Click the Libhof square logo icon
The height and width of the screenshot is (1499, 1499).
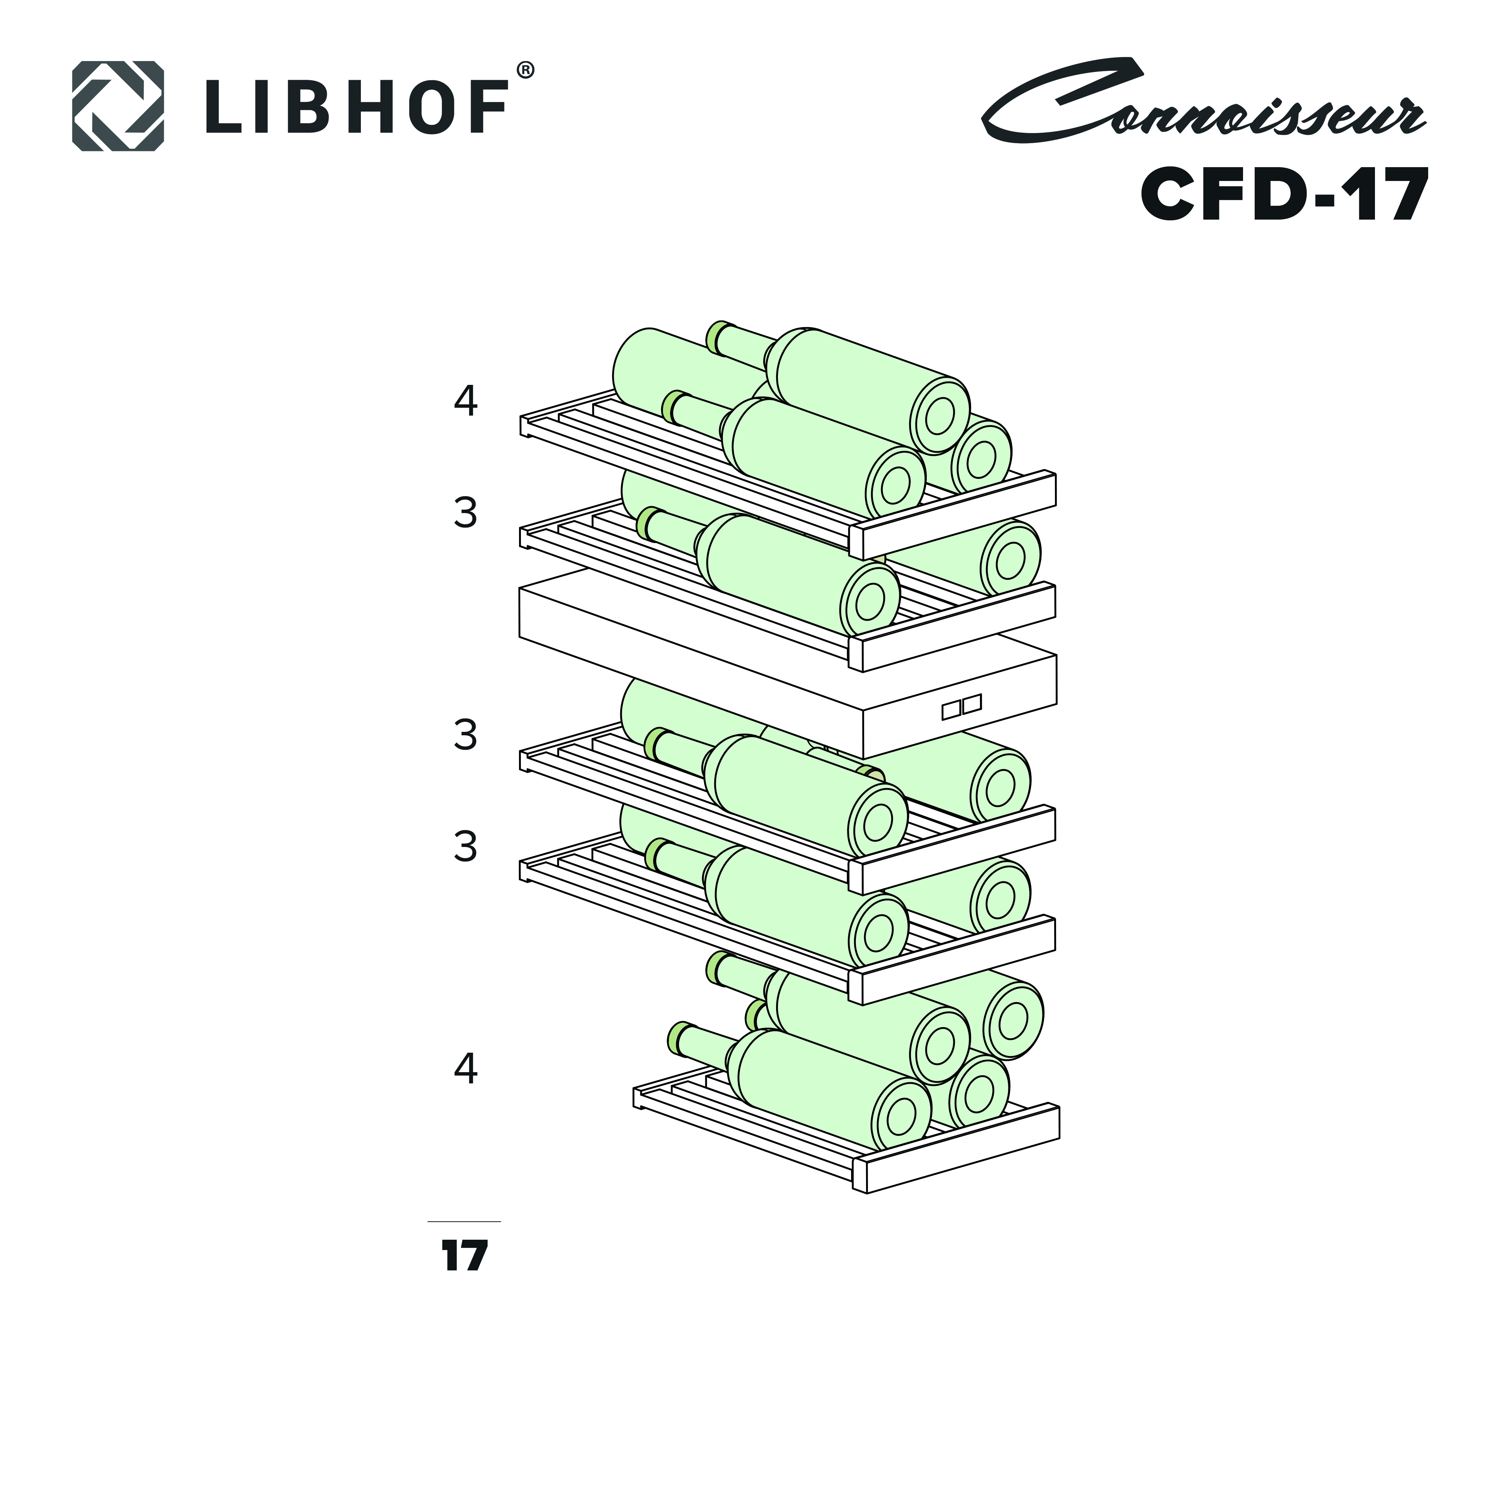(x=118, y=106)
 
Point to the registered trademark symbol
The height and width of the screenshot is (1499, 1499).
(x=525, y=70)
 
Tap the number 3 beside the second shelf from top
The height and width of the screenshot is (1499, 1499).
(x=465, y=513)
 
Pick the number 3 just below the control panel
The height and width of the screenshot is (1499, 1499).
(x=465, y=735)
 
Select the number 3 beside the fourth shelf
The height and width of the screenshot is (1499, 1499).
(x=465, y=847)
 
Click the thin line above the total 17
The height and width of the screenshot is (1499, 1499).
(x=464, y=1221)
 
